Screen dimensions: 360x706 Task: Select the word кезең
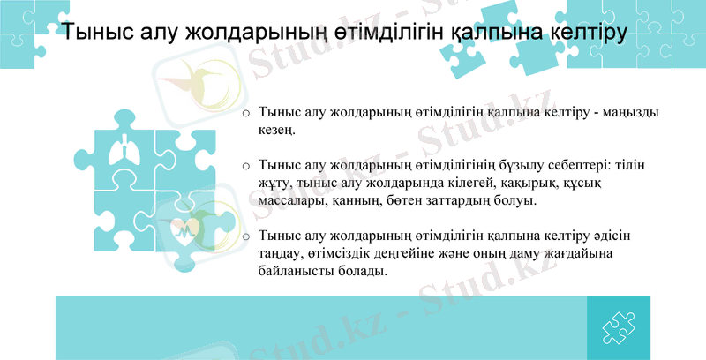(278, 131)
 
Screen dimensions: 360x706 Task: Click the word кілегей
(463, 184)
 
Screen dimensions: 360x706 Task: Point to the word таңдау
(282, 254)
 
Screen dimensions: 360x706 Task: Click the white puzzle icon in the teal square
(619, 328)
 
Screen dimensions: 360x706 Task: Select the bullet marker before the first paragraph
(246, 115)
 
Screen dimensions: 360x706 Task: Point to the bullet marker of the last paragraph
(246, 237)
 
